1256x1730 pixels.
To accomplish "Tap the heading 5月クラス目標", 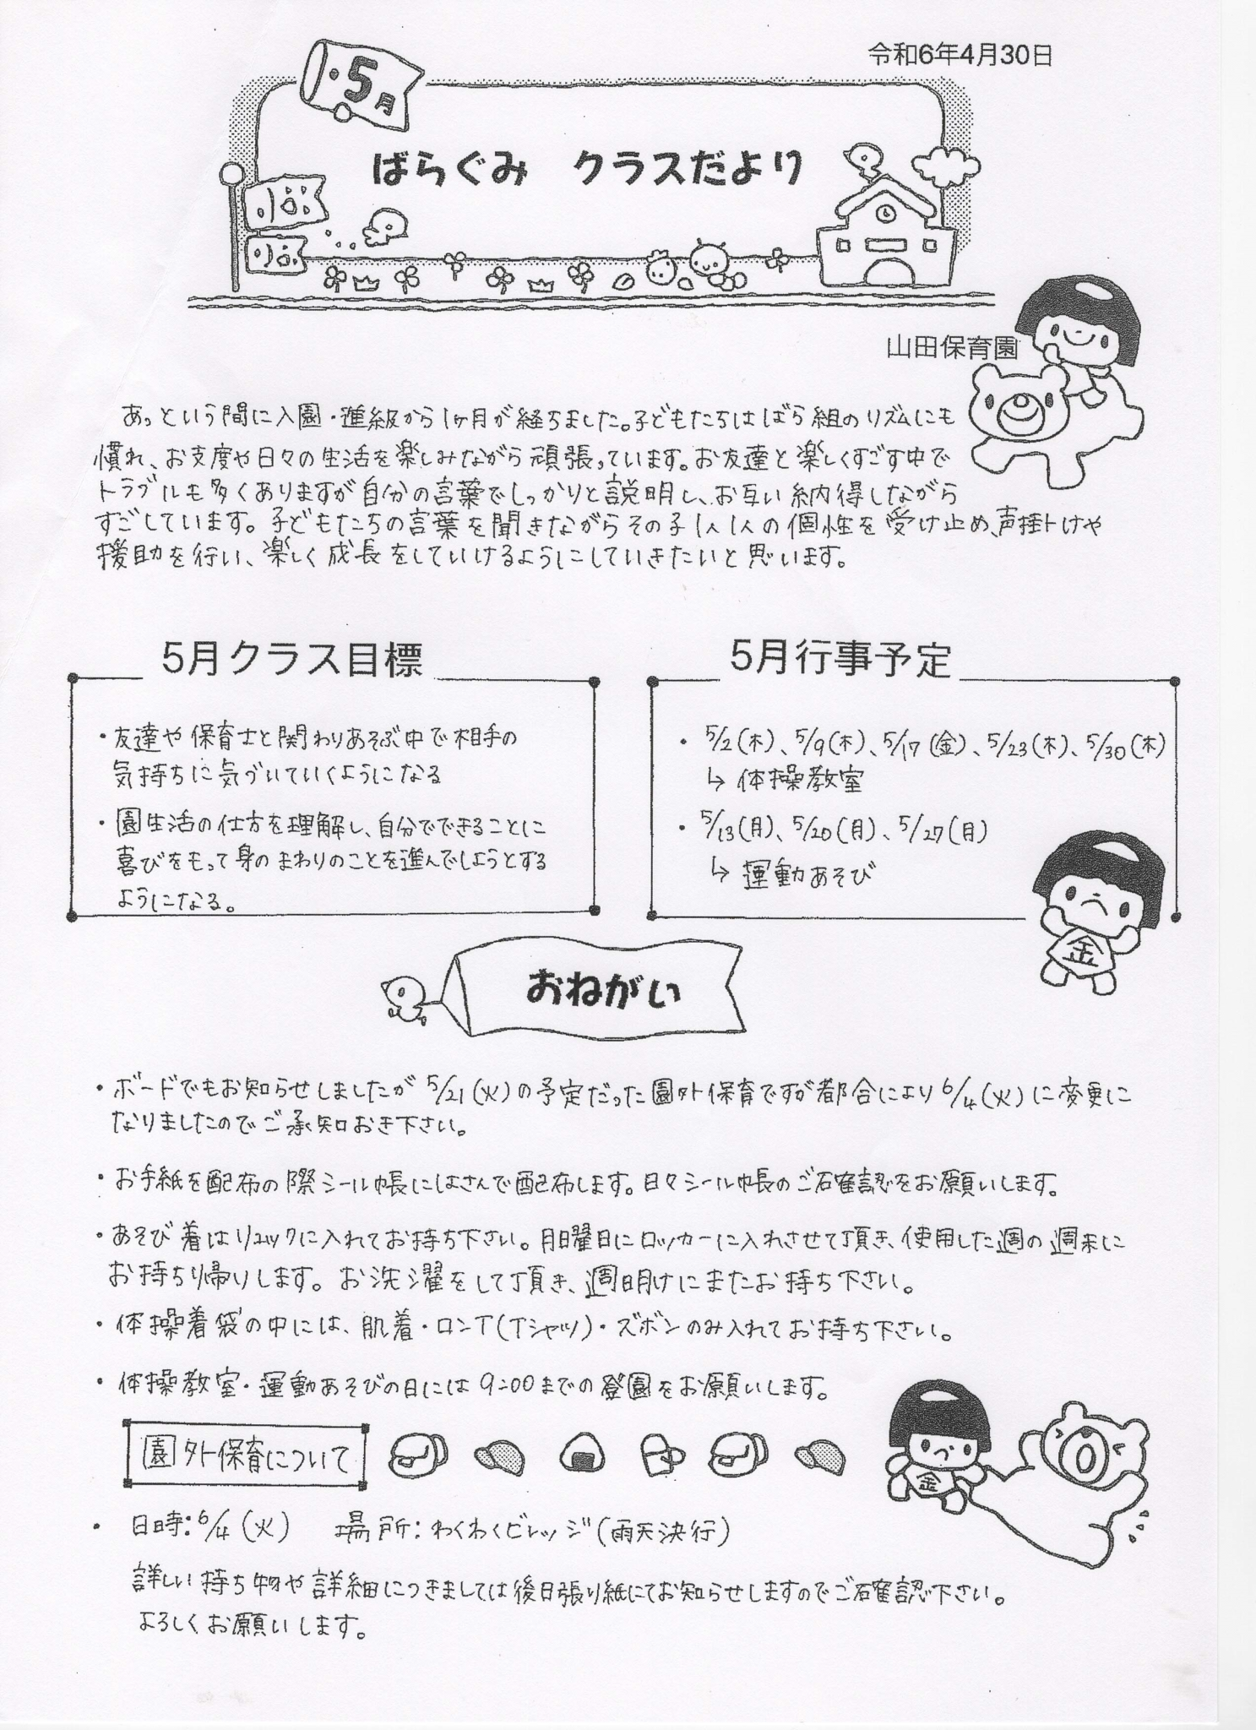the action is [x=291, y=661].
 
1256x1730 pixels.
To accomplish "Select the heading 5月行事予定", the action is [x=840, y=660].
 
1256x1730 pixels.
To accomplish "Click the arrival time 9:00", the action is [x=503, y=1385].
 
